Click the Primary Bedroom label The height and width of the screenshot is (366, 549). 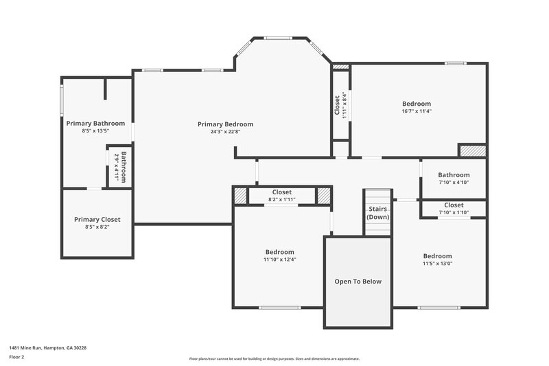tap(225, 124)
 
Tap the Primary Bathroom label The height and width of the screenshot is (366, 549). tap(95, 124)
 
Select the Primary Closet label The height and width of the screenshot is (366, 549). tap(97, 219)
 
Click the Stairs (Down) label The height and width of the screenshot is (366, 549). tap(377, 212)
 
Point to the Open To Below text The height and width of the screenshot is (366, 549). tap(358, 282)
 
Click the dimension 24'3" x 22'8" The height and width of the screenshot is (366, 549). tap(225, 132)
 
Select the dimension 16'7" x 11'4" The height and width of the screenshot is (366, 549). tap(417, 111)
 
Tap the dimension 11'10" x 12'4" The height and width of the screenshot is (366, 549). tap(279, 260)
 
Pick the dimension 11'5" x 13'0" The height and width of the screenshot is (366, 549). tap(437, 263)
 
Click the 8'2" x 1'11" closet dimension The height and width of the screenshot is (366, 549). tap(282, 199)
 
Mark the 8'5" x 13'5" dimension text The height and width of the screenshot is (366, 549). tap(95, 130)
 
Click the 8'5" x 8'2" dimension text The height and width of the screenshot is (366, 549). tap(97, 227)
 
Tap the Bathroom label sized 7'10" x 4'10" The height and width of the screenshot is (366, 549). tap(454, 175)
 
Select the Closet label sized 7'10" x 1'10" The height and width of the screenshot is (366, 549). tap(454, 205)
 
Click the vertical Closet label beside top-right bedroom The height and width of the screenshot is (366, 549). tap(337, 106)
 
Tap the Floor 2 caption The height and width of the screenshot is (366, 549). tap(16, 357)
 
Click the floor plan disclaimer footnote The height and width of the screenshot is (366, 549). tap(274, 358)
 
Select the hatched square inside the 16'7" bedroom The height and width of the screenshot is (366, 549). tap(472, 150)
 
